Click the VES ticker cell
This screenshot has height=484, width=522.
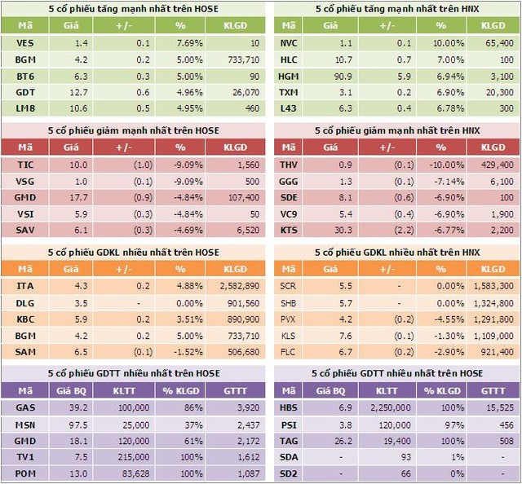[24, 42]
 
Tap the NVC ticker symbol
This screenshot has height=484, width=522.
[289, 42]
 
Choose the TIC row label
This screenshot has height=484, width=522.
[24, 165]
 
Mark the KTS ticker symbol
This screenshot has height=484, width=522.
[289, 231]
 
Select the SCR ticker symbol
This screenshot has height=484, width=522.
[289, 286]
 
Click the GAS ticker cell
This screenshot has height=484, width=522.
[24, 407]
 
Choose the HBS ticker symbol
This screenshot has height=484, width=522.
[289, 407]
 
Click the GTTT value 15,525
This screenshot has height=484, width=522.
[496, 407]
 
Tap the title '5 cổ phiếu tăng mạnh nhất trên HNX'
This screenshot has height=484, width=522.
[398, 8]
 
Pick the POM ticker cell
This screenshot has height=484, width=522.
[24, 473]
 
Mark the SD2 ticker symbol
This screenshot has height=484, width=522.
[289, 473]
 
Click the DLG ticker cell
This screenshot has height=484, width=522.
[24, 302]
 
